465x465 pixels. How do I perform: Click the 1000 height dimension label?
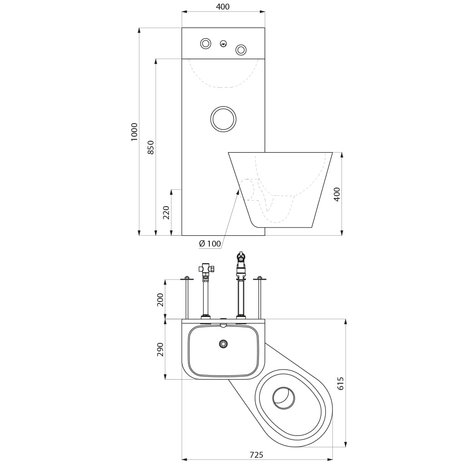click(x=134, y=132)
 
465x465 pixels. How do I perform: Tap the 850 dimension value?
click(x=151, y=147)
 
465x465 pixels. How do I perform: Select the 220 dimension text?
click(x=166, y=213)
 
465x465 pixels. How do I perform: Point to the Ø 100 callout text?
click(x=210, y=244)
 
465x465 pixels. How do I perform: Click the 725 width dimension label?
click(x=257, y=455)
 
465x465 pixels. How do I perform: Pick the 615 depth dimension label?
click(x=340, y=383)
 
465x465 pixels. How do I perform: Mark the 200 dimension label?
click(x=160, y=300)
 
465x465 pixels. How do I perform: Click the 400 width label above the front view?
click(x=223, y=6)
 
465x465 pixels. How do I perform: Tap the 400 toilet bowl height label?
click(x=337, y=194)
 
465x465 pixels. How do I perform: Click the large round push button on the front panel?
click(x=223, y=119)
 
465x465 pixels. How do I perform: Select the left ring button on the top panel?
click(x=206, y=44)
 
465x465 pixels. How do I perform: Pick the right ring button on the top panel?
click(x=241, y=49)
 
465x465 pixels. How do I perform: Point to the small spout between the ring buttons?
click(x=223, y=44)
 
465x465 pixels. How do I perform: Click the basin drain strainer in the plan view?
click(x=223, y=344)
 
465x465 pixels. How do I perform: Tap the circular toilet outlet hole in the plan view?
click(x=284, y=398)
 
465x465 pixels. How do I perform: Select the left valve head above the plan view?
click(x=207, y=268)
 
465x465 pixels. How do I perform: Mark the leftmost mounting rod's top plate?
click(x=187, y=278)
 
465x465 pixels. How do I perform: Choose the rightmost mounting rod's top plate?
click(x=260, y=278)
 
